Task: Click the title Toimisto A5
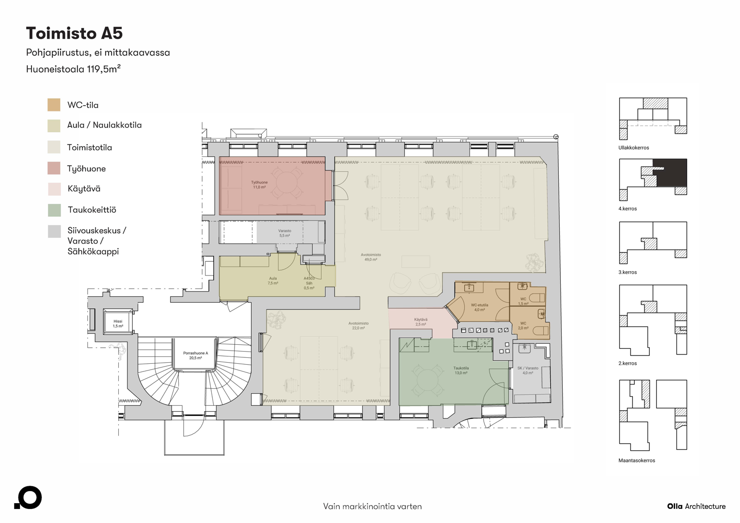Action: click(74, 33)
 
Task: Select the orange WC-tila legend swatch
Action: click(54, 105)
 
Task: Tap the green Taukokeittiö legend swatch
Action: click(54, 210)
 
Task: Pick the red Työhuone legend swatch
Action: click(54, 168)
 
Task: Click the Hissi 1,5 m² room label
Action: click(118, 323)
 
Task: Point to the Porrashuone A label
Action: click(196, 355)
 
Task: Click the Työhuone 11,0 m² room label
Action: click(259, 185)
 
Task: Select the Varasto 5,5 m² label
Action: click(284, 233)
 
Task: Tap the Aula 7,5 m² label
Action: click(273, 281)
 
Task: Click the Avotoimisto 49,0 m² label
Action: click(371, 257)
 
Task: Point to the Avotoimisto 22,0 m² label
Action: click(359, 325)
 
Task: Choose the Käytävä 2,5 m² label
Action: click(421, 322)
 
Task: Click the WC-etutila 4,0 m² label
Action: click(479, 308)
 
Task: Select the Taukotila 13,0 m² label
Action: click(461, 370)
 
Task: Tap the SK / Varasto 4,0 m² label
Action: click(528, 370)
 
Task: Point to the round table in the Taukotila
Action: click(427, 380)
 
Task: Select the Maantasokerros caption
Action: click(637, 460)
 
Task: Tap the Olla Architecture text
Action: click(696, 506)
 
